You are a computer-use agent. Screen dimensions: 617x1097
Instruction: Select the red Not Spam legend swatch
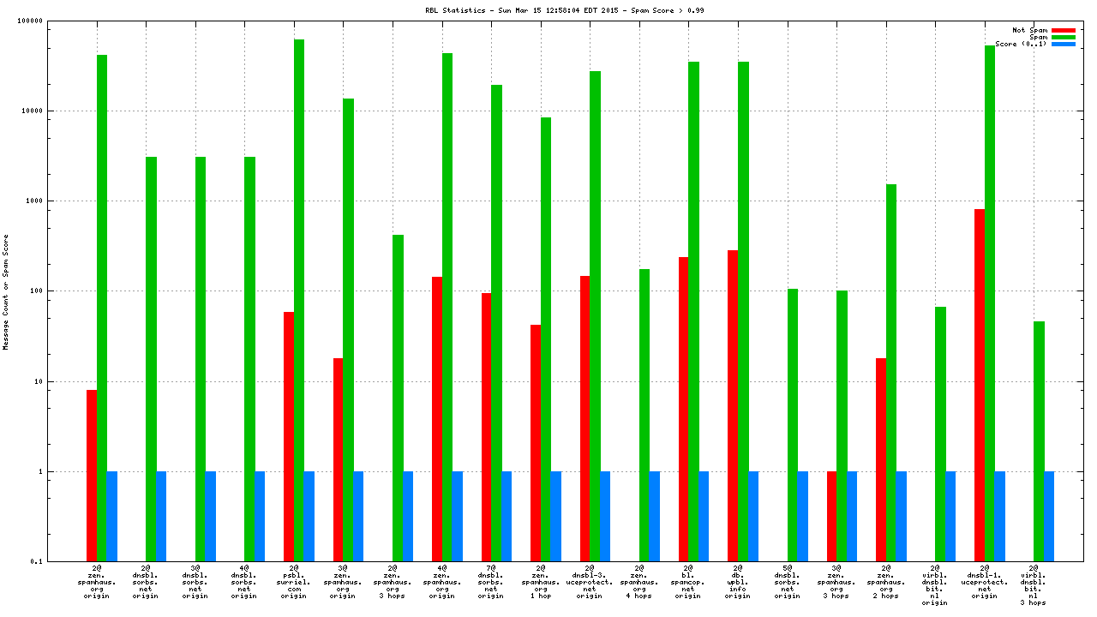(x=1063, y=30)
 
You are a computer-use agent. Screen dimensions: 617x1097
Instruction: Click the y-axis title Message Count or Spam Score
(x=6, y=291)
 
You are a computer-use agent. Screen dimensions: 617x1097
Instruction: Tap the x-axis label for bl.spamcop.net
(x=687, y=582)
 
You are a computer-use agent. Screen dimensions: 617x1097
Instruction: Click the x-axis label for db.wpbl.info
(x=737, y=582)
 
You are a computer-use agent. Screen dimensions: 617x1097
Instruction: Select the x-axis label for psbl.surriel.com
(x=293, y=582)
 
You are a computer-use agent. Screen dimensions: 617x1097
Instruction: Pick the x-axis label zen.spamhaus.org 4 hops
(x=638, y=582)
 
